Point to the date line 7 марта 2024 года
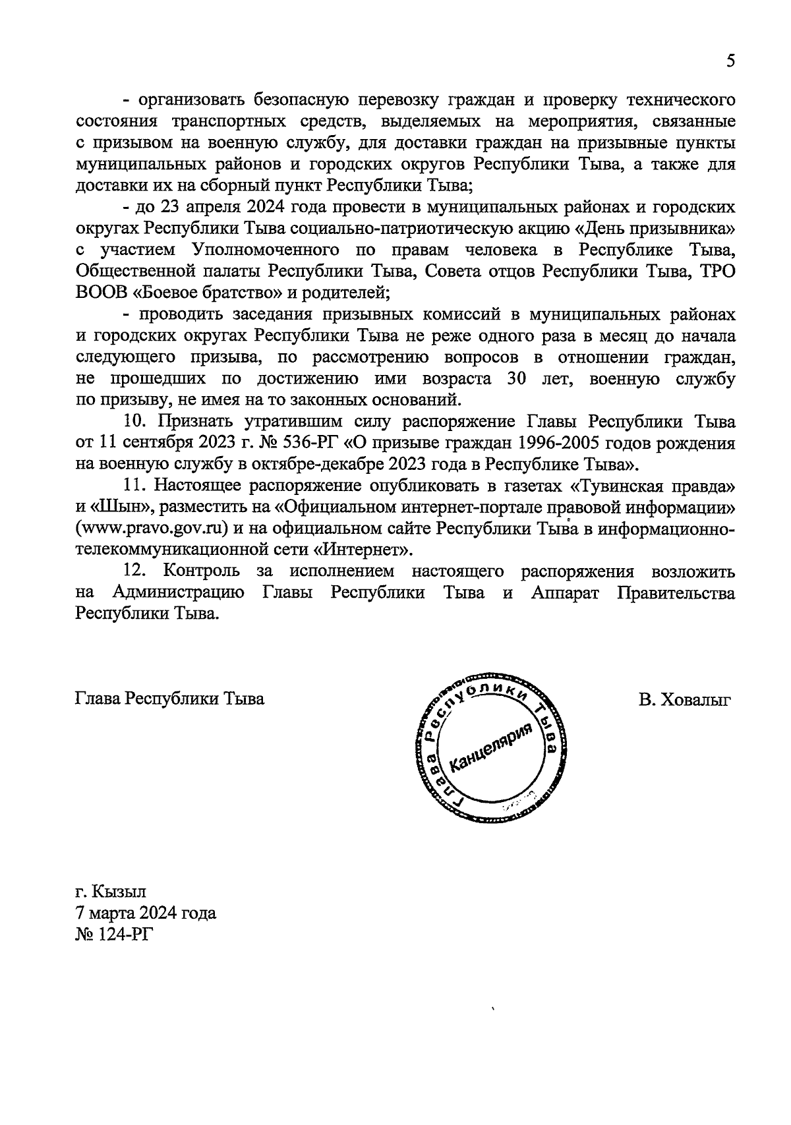point(146,913)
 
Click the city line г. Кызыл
point(111,892)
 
